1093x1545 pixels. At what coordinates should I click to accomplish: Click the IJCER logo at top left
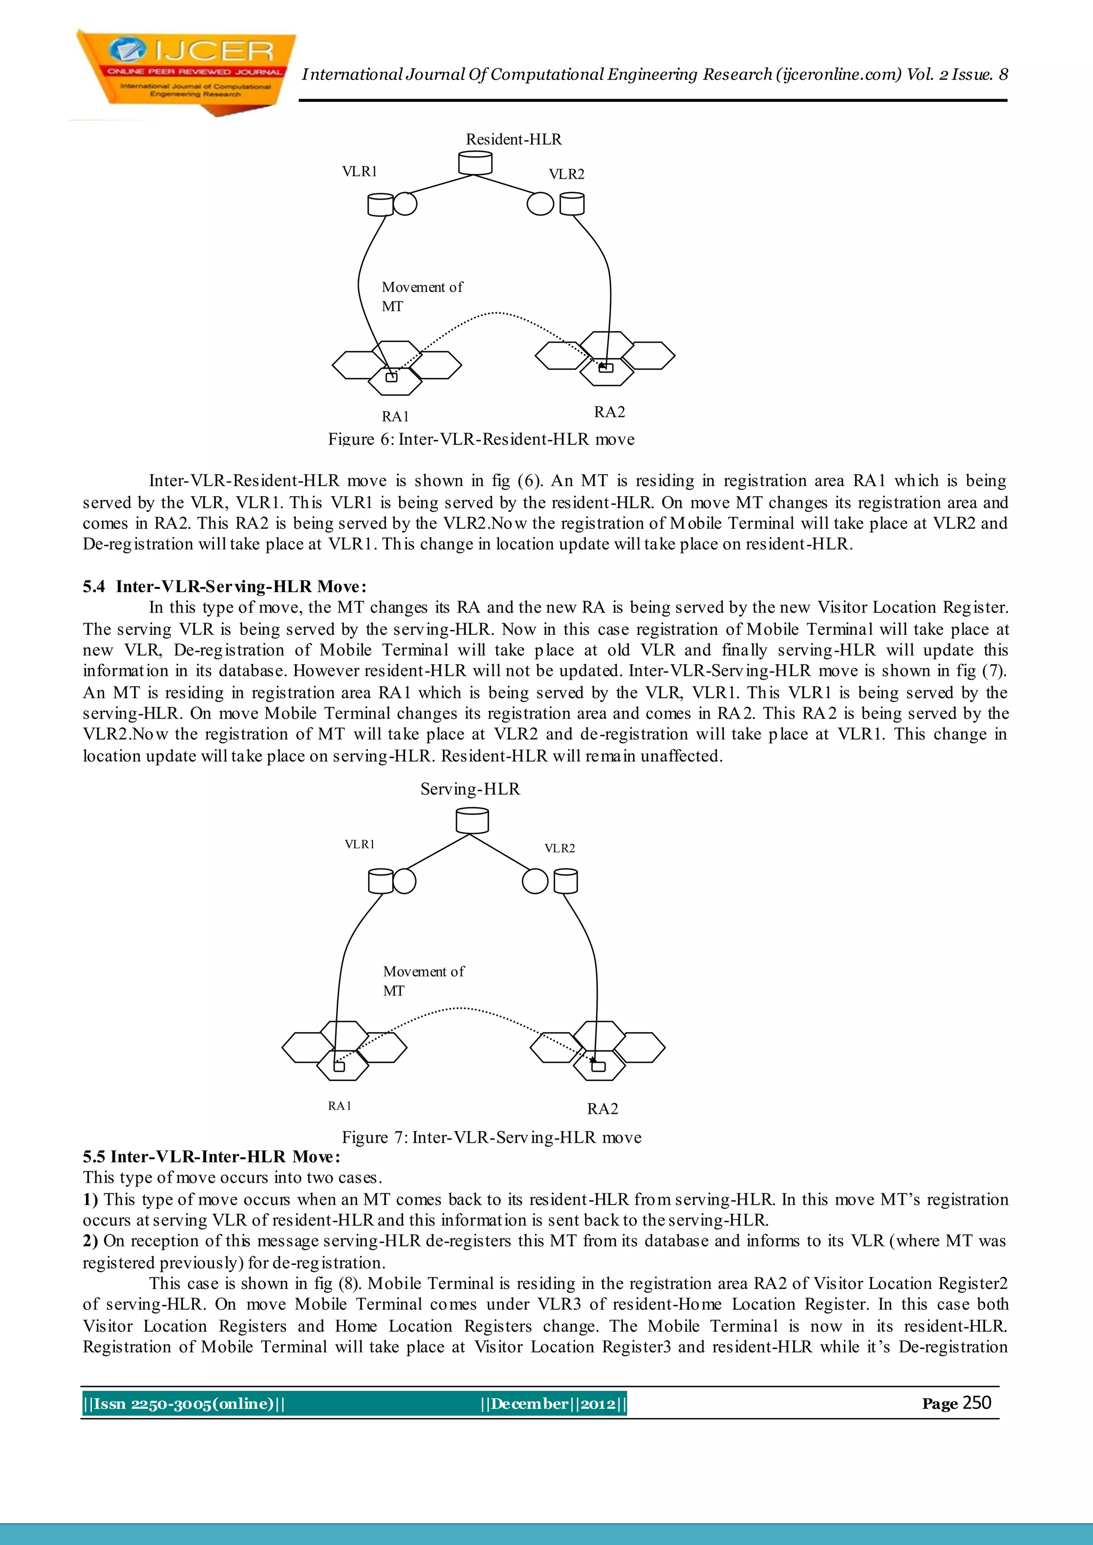[185, 70]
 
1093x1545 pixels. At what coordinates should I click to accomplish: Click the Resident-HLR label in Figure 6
[513, 139]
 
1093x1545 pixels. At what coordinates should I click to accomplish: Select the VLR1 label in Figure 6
[359, 172]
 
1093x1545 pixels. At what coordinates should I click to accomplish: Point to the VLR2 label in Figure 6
[566, 174]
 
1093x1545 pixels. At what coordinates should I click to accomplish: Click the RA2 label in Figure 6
[609, 412]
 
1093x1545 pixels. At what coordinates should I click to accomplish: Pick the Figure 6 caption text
[481, 440]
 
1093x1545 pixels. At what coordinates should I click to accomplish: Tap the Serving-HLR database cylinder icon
[472, 821]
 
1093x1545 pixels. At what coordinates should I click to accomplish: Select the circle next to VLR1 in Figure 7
[404, 881]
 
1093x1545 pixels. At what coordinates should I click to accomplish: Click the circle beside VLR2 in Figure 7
[535, 881]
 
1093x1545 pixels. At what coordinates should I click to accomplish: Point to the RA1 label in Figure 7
[340, 1105]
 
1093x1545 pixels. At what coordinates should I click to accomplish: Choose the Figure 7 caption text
[492, 1138]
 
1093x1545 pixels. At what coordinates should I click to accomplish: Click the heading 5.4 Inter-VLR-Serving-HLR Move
[225, 586]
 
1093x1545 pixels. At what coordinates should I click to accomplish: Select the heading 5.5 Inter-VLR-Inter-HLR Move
[211, 1157]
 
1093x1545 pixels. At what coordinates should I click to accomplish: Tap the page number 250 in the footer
[977, 1403]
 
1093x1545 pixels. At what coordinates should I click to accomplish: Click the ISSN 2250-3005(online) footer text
[184, 1404]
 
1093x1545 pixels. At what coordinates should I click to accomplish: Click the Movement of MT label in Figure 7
[423, 981]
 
